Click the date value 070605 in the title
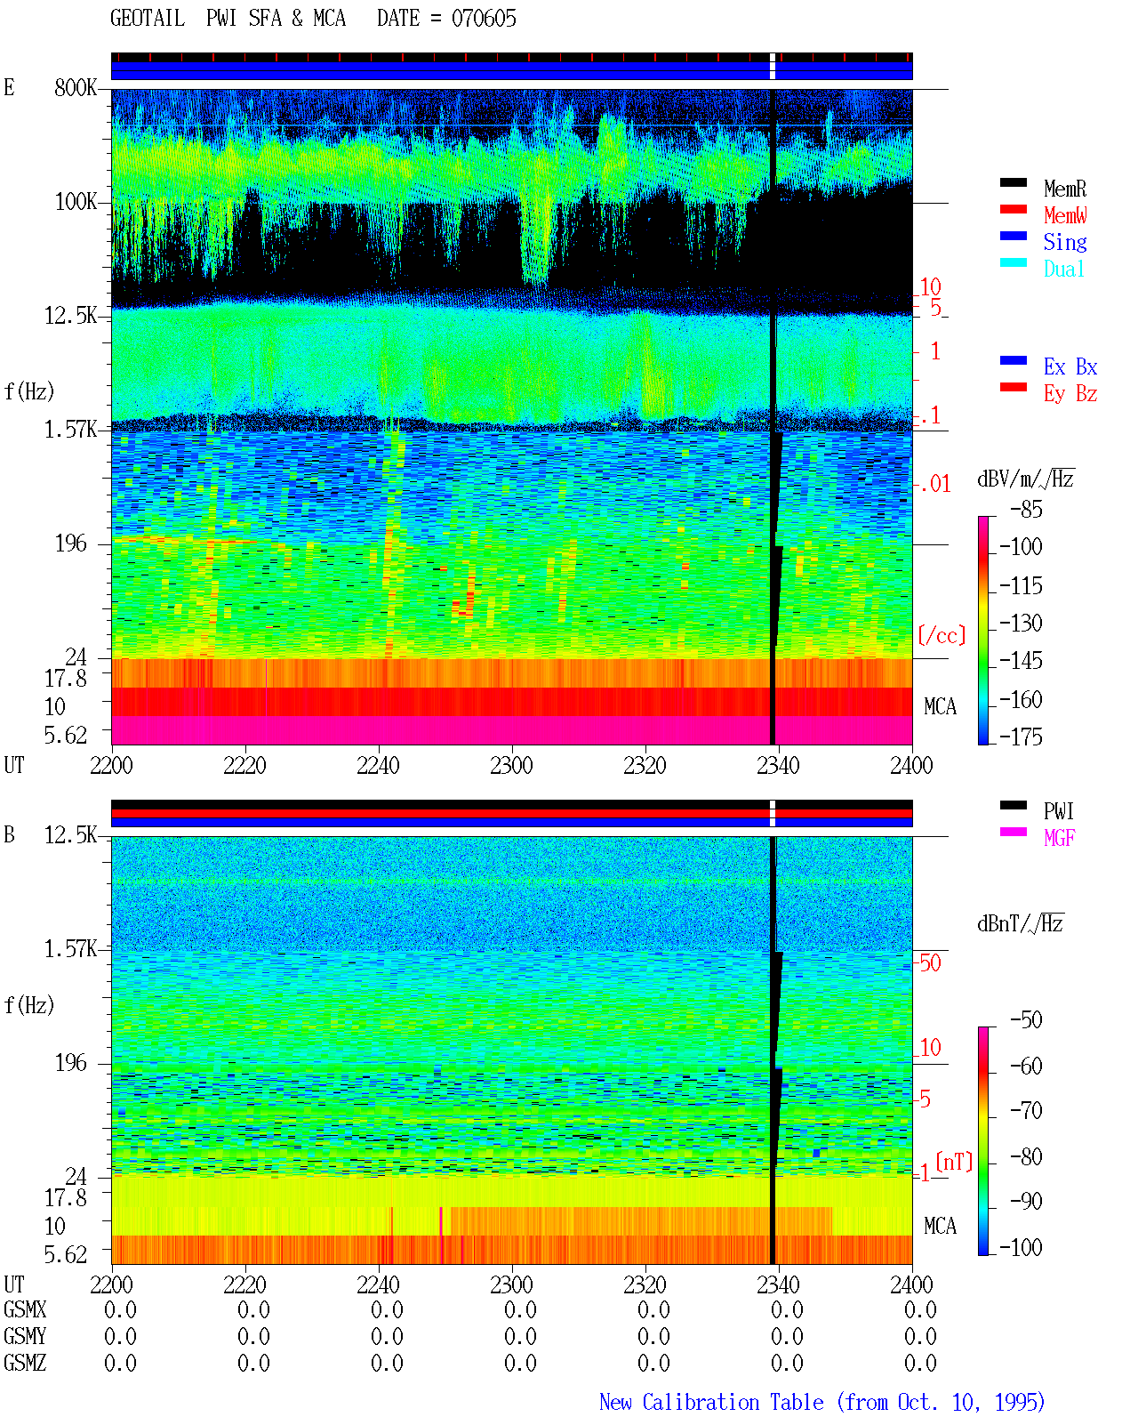pos(484,19)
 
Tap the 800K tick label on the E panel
pos(76,87)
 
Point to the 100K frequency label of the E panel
pos(76,202)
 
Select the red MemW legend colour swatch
pos(1013,209)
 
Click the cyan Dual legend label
pos(1063,269)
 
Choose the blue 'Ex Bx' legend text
pos(1070,366)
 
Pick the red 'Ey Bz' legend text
pos(1070,394)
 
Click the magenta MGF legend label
pos(1059,838)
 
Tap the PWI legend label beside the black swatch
pos(1059,810)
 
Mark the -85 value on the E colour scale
pos(1026,510)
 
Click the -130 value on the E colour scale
pos(1021,623)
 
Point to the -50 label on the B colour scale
pos(1026,1020)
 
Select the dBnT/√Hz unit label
pos(1020,923)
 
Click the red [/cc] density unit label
pos(942,635)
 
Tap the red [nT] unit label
pos(954,1162)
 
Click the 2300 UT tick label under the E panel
pos(511,765)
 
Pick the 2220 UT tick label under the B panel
pos(244,1284)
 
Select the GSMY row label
pos(25,1336)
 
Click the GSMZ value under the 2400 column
pos(920,1363)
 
